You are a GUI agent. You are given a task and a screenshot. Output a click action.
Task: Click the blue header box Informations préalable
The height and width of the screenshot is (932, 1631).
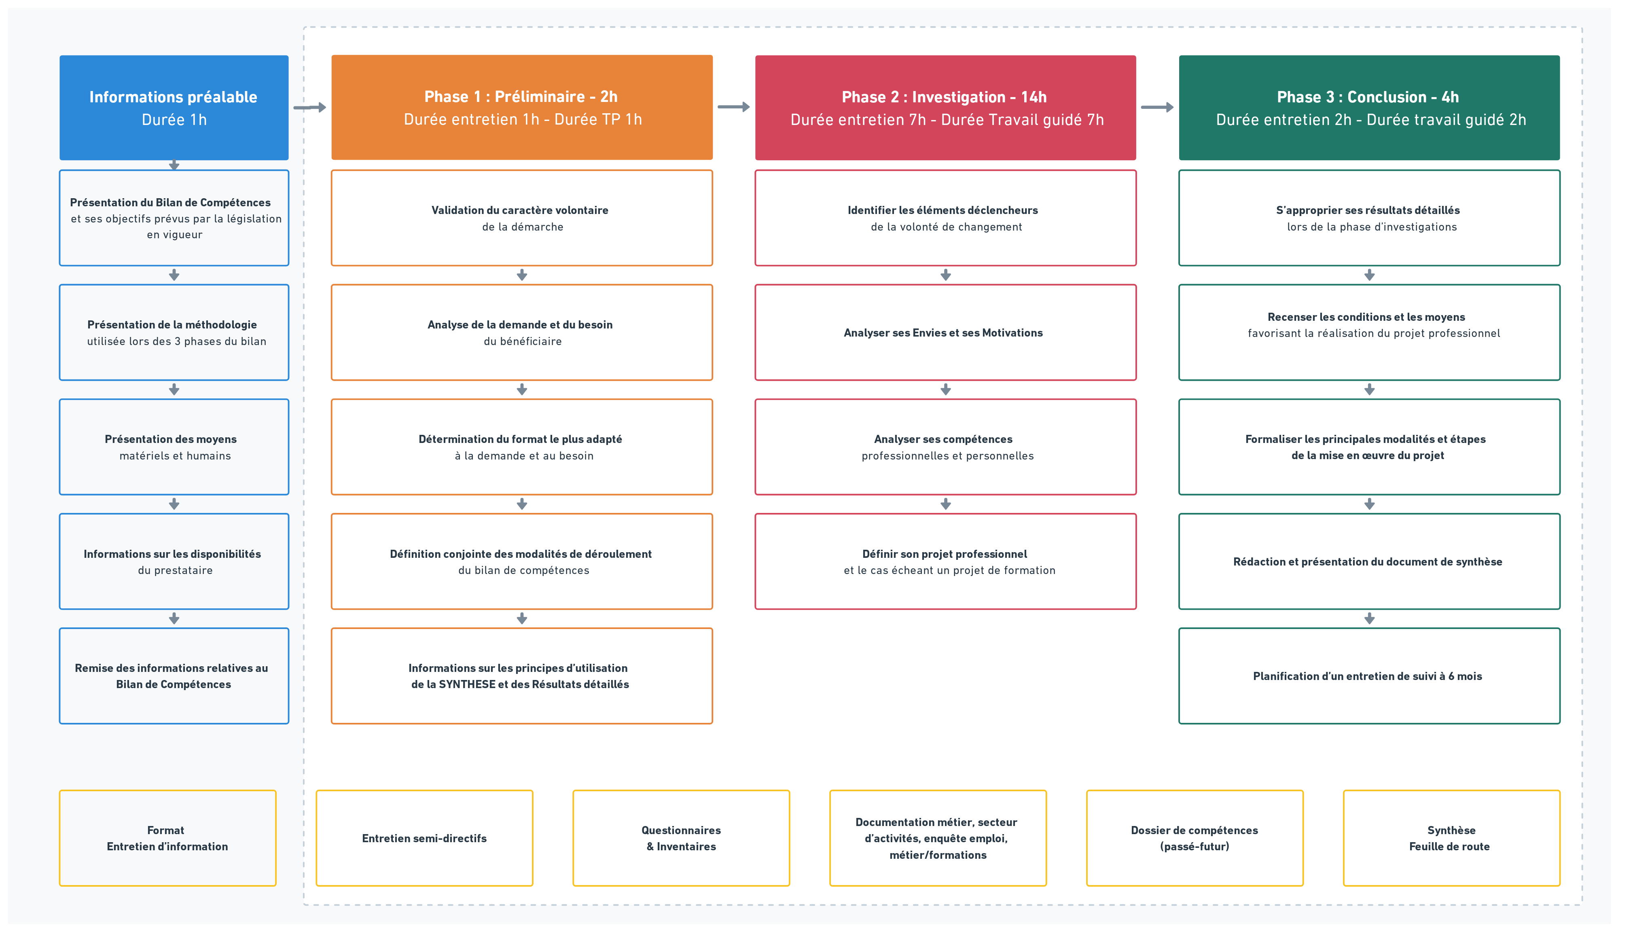(174, 108)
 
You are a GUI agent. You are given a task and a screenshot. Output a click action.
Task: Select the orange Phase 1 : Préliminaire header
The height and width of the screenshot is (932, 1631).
(522, 108)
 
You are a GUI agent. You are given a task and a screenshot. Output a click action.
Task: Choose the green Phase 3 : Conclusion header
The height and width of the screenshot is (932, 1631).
(1369, 108)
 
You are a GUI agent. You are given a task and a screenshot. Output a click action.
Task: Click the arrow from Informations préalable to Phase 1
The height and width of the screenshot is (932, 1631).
(310, 108)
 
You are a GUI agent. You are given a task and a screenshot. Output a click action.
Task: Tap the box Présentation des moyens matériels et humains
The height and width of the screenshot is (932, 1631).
(174, 447)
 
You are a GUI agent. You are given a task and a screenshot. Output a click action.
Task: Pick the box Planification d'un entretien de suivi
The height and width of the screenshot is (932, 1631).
(1369, 676)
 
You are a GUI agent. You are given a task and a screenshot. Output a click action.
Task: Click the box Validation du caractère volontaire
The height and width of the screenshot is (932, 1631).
(522, 218)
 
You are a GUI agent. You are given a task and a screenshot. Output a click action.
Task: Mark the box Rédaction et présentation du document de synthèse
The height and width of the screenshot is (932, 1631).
(1369, 561)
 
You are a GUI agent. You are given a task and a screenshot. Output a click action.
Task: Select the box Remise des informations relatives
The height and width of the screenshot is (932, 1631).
(174, 676)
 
